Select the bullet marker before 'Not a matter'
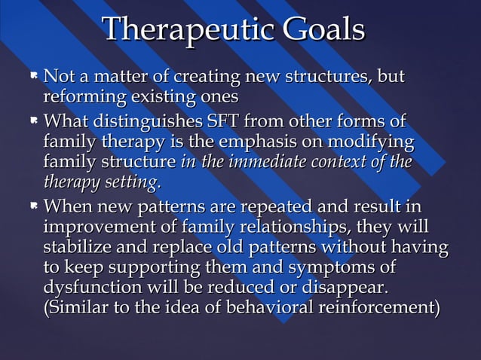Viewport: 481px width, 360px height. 34,77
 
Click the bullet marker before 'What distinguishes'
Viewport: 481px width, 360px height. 34,121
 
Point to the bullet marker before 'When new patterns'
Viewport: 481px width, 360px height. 34,206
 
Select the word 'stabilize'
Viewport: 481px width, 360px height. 78,247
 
